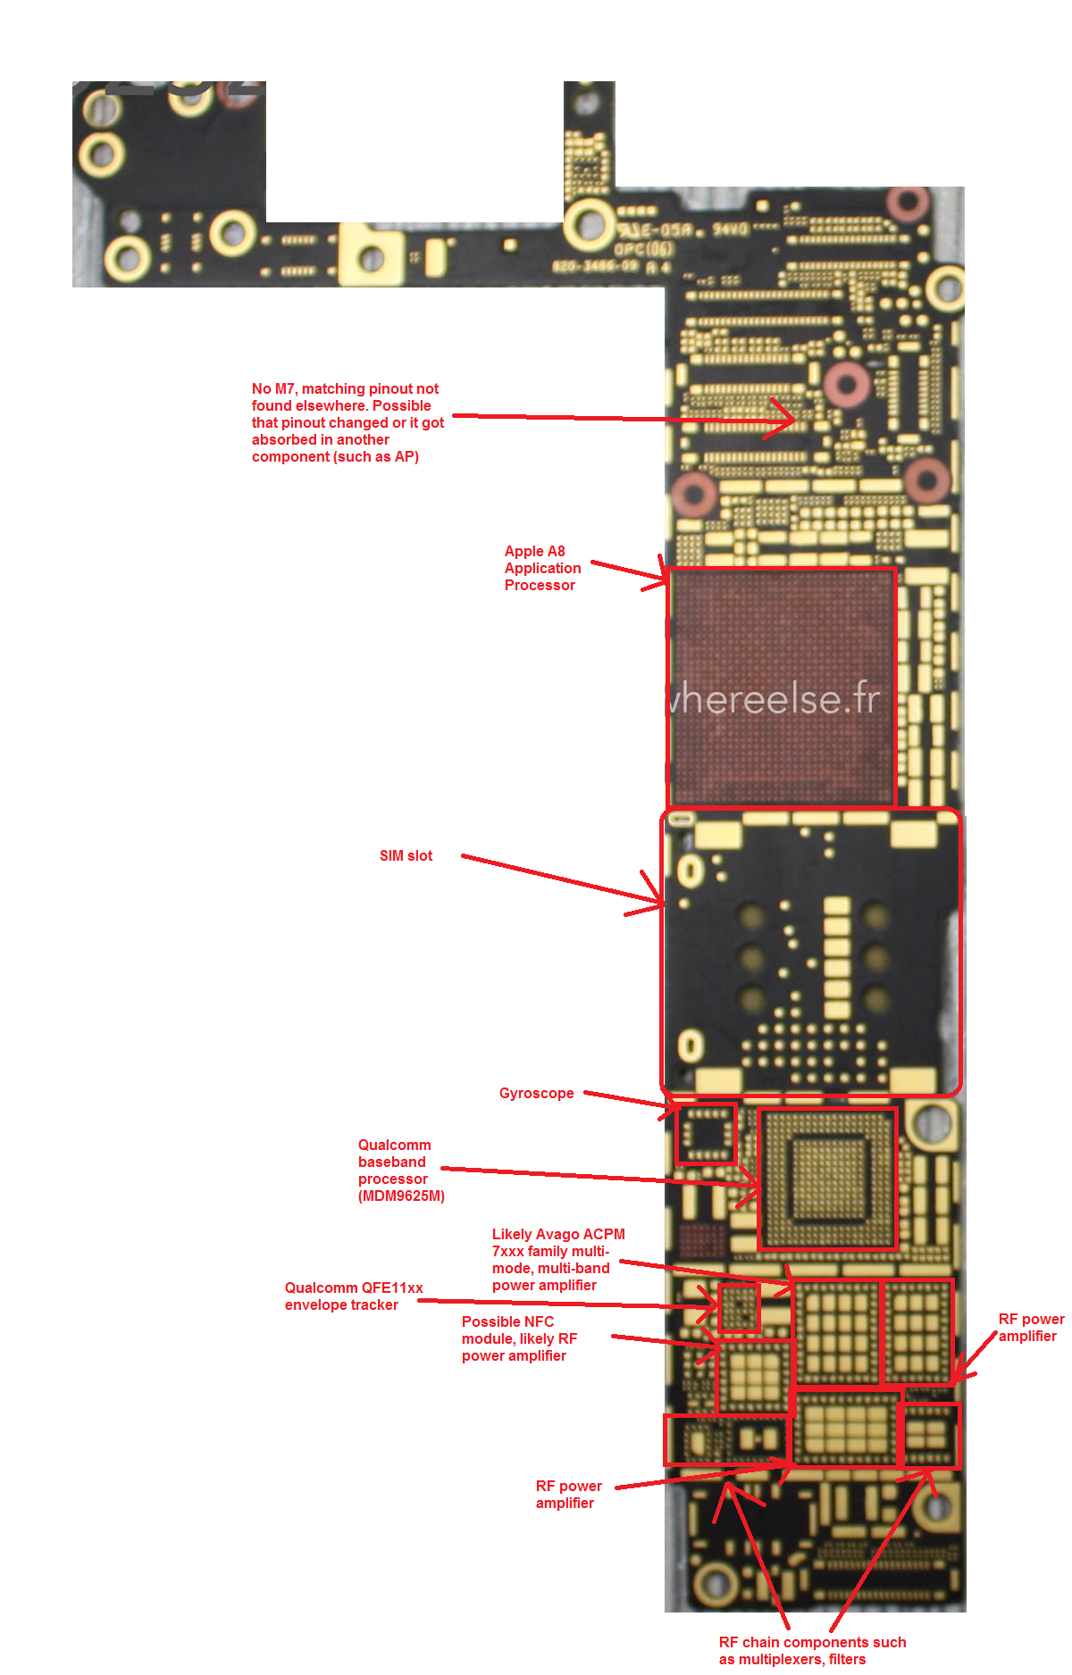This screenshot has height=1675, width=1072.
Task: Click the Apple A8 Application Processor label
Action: coord(542,568)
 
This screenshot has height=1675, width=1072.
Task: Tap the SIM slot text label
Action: coord(406,855)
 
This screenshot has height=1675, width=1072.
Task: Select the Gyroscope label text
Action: coord(536,1093)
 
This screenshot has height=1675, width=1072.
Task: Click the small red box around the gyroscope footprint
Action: coord(706,1134)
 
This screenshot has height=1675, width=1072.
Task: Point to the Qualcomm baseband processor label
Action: coord(400,1170)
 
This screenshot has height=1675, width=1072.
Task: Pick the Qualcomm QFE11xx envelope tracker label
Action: coord(354,1296)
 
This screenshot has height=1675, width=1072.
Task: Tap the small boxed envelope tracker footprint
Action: coord(739,1308)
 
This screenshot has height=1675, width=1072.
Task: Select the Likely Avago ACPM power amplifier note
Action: coord(557,1259)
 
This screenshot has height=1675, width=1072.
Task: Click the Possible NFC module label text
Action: coord(519,1338)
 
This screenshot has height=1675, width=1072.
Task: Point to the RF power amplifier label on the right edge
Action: coord(1030,1327)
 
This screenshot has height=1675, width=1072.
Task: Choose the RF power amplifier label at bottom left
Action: coord(568,1494)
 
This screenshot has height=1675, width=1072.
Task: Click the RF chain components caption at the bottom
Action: coord(811,1650)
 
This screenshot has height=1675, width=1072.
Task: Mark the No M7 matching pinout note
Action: coord(347,422)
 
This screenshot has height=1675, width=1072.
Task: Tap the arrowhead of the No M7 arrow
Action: coord(791,419)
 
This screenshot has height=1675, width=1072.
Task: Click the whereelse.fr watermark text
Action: coord(774,698)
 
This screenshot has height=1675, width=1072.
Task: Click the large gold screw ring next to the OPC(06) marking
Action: coord(588,223)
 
